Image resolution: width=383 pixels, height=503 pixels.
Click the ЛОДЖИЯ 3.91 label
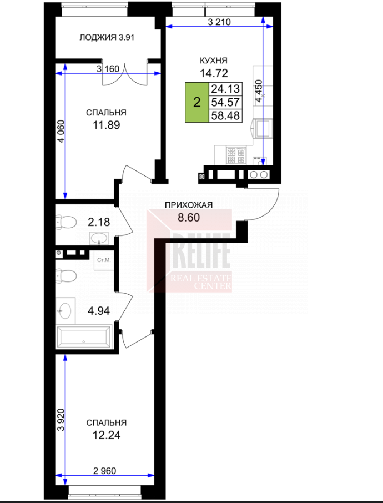(107, 38)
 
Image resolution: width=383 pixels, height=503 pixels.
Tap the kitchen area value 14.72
(214, 73)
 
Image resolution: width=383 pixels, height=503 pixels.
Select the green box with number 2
(197, 102)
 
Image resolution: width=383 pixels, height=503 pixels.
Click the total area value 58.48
(225, 115)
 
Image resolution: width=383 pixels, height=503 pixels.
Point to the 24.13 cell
(225, 88)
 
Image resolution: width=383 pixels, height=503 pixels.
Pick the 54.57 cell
(225, 102)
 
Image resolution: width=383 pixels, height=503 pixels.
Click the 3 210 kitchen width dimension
(219, 22)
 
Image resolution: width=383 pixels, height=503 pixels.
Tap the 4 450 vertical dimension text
(259, 91)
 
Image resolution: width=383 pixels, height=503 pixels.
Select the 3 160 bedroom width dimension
(108, 69)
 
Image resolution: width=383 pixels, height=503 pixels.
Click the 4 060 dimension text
(61, 131)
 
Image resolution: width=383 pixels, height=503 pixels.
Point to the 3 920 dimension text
(61, 420)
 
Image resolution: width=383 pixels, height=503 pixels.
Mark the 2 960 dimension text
(104, 471)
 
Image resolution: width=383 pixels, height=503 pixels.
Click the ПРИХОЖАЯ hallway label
(189, 205)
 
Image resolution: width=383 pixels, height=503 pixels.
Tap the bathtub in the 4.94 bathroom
(84, 336)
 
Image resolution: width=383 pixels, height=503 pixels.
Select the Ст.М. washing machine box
(104, 260)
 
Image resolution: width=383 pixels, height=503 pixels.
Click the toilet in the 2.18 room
(65, 222)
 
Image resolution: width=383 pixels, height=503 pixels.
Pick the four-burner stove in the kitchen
(236, 155)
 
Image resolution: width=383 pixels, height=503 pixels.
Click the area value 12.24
(107, 435)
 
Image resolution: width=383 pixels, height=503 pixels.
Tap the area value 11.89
(107, 125)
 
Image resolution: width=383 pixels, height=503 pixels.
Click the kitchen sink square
(263, 129)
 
